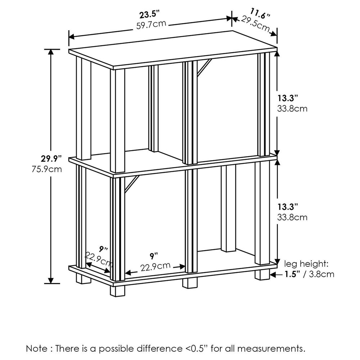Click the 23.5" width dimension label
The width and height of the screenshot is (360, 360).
150,15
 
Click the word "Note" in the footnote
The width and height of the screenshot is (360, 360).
36,348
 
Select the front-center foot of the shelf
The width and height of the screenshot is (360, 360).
190,283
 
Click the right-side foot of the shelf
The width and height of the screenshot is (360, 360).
262,274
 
